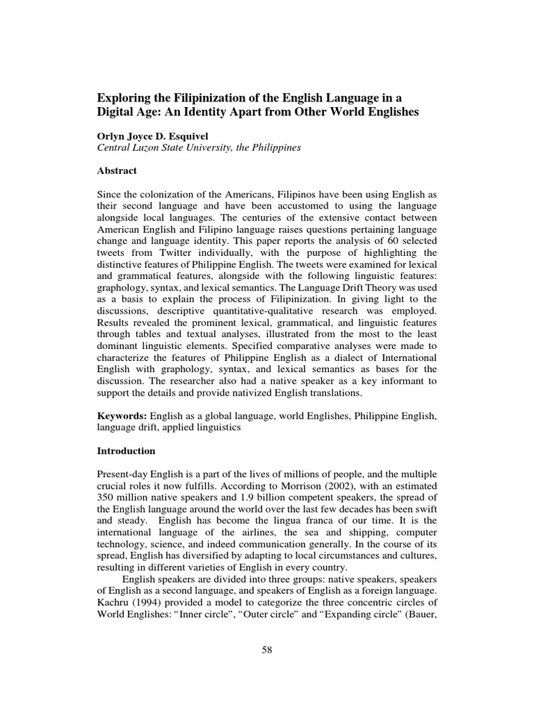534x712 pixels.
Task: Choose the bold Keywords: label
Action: click(122, 415)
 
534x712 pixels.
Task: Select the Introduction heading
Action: click(125, 451)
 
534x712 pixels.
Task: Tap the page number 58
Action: click(266, 649)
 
